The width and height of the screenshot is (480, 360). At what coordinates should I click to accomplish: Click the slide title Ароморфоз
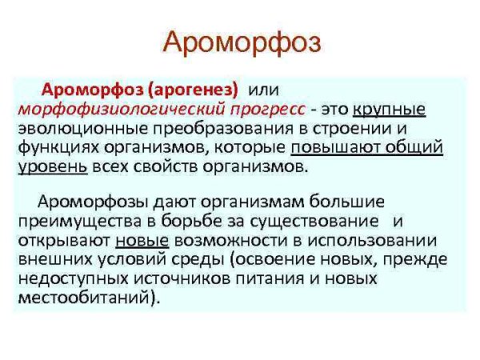tap(240, 42)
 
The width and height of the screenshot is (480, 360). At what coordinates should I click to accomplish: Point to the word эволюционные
tap(73, 128)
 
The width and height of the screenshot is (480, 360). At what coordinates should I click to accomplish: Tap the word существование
tap(317, 220)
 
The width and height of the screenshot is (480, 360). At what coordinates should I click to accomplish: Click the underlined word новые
tap(142, 240)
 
